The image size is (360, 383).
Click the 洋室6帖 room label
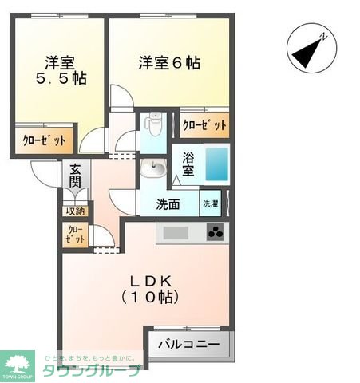coord(168,62)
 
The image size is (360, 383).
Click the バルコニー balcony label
coord(188,345)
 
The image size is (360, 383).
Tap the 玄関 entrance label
coord(74,176)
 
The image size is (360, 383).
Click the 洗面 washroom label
coord(168,204)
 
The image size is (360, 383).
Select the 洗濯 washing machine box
coord(210,204)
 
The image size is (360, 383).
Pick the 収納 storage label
coord(74,211)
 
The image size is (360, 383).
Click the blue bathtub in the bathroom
coord(216,163)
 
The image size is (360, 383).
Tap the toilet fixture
coord(155,125)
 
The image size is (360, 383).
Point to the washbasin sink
coord(153,168)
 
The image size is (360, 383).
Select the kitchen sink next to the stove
coord(176,233)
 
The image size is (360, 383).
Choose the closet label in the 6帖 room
coord(204,125)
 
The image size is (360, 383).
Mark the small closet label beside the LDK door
coord(74,235)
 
